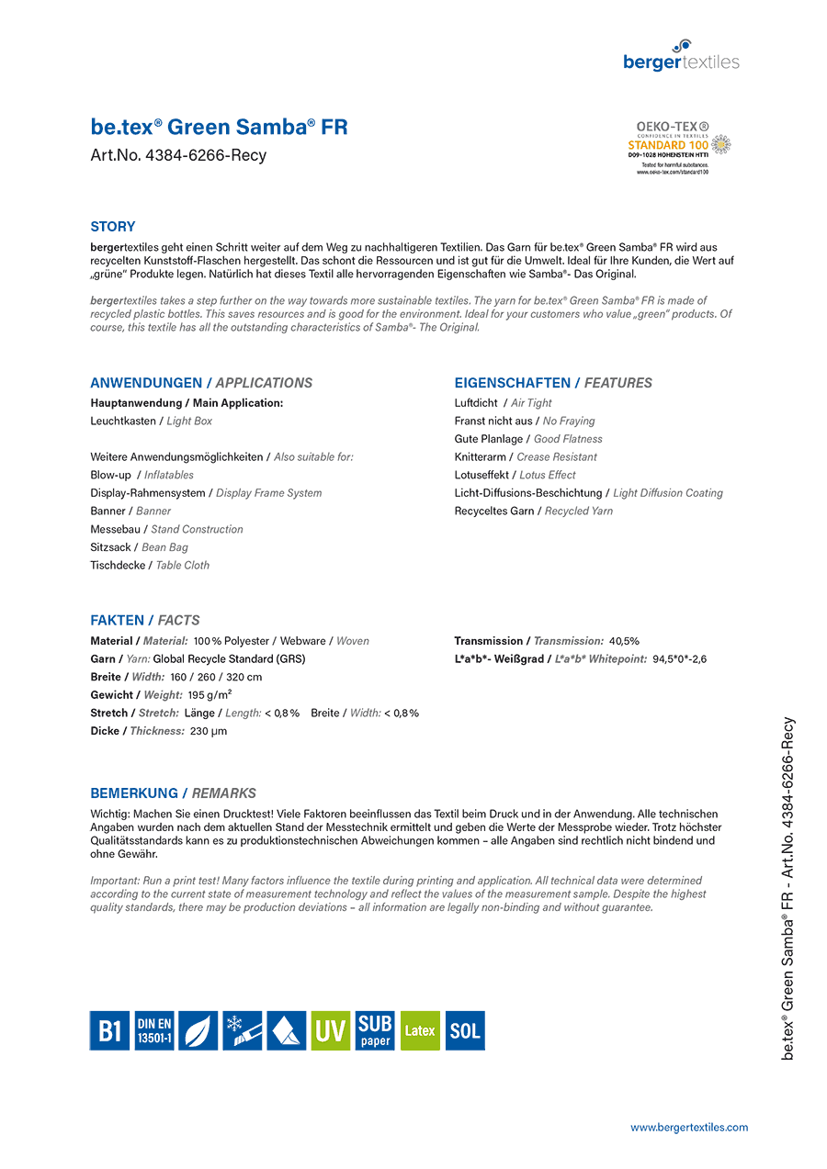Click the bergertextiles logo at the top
681,56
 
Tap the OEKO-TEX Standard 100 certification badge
679,147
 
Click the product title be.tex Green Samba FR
219,127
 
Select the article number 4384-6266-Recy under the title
178,155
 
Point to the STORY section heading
112,227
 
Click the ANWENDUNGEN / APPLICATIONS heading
201,383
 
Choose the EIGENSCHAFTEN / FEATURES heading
553,383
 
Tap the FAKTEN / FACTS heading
144,620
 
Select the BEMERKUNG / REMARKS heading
173,793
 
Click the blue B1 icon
109,1030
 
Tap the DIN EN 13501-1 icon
153,1030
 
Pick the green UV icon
331,1030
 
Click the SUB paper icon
375,1030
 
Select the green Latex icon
420,1030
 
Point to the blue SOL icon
465,1030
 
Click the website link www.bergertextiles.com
688,1127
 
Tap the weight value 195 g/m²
210,695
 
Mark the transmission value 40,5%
624,641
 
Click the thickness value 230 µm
209,731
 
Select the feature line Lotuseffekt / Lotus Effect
515,475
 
